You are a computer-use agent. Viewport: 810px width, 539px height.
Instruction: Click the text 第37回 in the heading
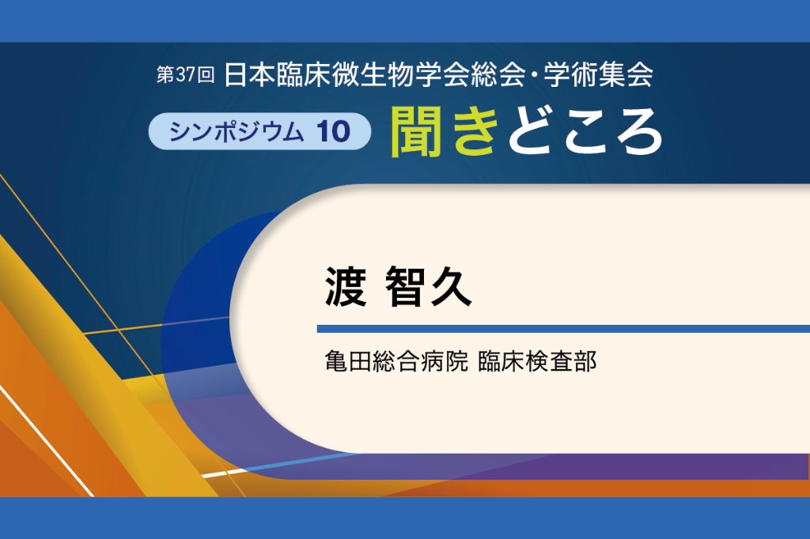pos(185,75)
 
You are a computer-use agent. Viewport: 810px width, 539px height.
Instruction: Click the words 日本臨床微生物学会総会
pos(374,75)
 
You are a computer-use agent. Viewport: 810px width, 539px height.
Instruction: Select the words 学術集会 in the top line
pos(598,75)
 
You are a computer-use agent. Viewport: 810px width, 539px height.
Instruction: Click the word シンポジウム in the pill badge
pos(236,132)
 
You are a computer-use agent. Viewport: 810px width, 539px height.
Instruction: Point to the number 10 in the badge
pos(334,132)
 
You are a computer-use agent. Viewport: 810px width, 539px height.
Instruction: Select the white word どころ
pos(585,131)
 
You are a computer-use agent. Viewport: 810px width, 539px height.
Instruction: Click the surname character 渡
pos(346,287)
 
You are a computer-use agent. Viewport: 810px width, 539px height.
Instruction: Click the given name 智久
pos(428,287)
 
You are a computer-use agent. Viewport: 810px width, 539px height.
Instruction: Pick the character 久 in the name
pos(451,287)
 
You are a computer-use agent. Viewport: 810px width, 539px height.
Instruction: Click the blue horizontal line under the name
pos(563,329)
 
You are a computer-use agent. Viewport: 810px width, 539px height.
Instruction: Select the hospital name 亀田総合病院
pos(396,361)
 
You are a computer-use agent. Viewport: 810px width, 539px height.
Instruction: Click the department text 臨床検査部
pos(537,361)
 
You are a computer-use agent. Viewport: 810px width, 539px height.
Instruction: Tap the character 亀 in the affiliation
pos(336,361)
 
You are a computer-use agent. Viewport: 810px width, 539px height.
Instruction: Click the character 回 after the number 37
pos(206,75)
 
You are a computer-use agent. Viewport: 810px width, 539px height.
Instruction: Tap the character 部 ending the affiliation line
pos(586,361)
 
